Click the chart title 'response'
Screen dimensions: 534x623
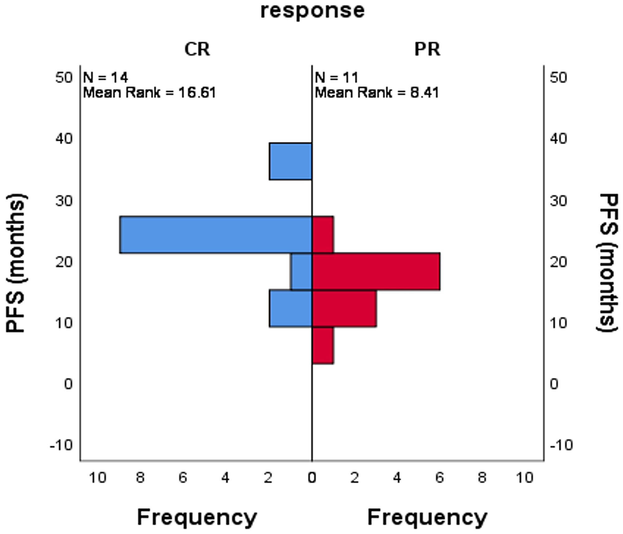point(312,11)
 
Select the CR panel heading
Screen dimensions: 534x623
point(197,49)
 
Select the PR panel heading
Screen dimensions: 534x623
point(427,49)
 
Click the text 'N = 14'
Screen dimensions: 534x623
point(105,78)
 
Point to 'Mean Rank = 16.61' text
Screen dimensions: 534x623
point(150,93)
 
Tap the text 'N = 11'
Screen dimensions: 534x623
point(336,78)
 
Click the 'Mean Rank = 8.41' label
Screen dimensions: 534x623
point(377,93)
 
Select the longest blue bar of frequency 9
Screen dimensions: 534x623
point(216,235)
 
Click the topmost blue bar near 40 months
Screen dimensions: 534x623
point(290,161)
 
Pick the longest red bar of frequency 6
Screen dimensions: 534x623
point(376,271)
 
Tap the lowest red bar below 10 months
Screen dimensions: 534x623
point(323,345)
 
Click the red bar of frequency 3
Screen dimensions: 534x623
point(344,308)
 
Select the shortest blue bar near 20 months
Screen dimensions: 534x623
point(301,271)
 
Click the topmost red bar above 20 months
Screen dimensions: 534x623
point(323,235)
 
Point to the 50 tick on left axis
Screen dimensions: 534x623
point(64,78)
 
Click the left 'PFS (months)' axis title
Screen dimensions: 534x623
point(16,263)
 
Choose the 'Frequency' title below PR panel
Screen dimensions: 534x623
point(427,517)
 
